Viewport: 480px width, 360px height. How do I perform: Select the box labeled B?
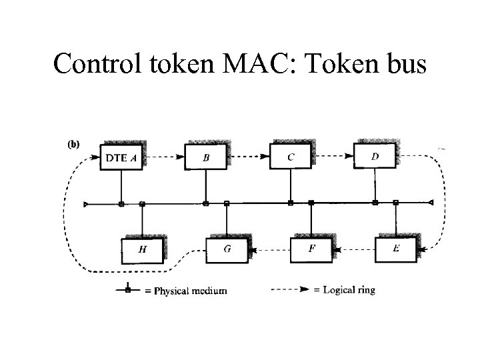205,158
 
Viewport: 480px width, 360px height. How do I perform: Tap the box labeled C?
290,157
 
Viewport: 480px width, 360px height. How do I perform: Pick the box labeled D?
375,157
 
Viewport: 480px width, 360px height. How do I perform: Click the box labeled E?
396,249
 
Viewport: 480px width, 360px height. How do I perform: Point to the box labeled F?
311,250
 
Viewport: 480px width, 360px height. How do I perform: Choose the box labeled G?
227,250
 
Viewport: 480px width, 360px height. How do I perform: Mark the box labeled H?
142,250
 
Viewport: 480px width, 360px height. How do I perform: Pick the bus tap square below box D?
375,203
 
